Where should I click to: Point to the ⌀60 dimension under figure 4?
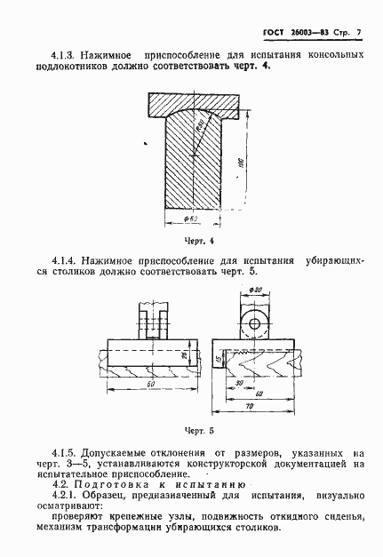tap(188, 219)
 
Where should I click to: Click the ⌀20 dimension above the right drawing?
tap(257, 290)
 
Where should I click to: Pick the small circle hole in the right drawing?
tap(258, 322)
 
